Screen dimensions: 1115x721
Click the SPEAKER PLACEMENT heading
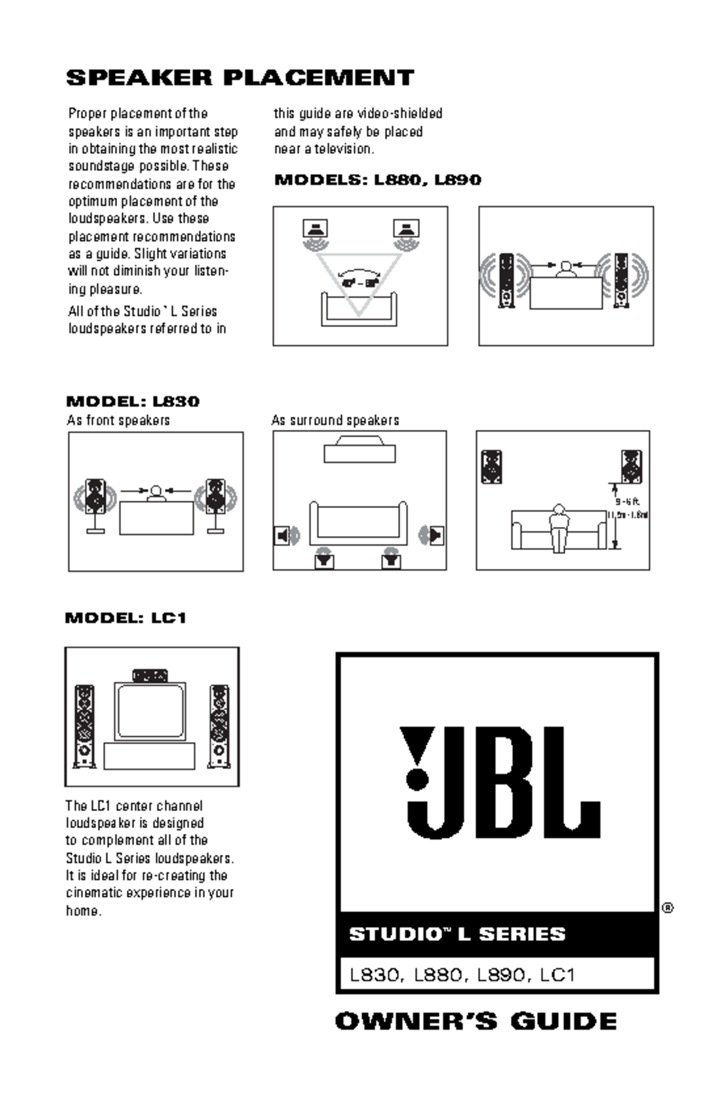[240, 78]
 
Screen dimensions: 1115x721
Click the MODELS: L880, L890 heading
[377, 180]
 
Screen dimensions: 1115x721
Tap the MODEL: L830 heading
[132, 401]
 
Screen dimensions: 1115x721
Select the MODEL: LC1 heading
[126, 617]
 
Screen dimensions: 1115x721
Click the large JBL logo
[499, 781]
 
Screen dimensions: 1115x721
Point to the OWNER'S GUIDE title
[476, 1021]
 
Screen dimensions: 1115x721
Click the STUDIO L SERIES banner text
[457, 934]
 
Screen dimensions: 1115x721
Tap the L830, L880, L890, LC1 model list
[463, 974]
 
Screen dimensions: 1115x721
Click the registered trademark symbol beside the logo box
[668, 908]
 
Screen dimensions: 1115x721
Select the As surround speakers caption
[335, 420]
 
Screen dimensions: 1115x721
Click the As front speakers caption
[118, 420]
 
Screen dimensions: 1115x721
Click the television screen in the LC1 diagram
[150, 710]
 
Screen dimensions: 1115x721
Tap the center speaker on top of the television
[150, 676]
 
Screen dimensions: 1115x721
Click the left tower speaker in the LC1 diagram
[84, 726]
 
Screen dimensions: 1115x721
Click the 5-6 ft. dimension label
[627, 501]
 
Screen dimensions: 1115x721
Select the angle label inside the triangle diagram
[359, 282]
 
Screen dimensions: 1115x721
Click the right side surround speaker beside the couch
[436, 534]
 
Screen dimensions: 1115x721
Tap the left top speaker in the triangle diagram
[315, 228]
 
